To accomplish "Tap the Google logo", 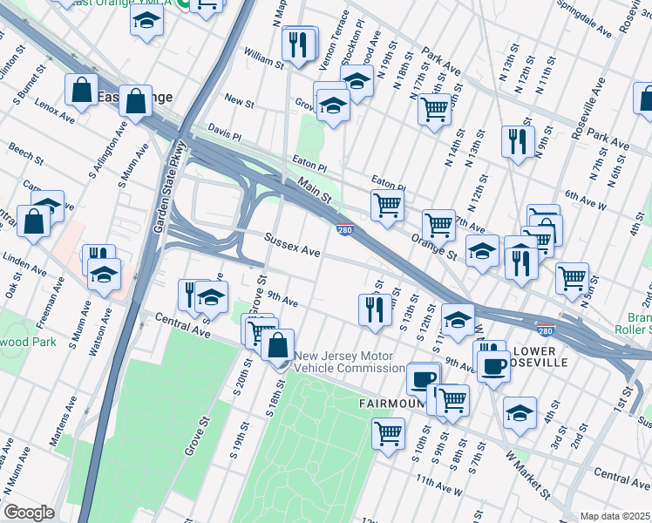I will pyautogui.click(x=29, y=513).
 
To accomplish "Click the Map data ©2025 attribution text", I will pyautogui.click(x=615, y=516).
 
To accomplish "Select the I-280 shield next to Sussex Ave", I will pyautogui.click(x=345, y=229).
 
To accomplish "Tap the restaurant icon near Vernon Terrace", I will pyautogui.click(x=299, y=44).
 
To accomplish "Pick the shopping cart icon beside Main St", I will pyautogui.click(x=387, y=207).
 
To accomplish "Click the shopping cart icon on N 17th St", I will pyautogui.click(x=434, y=110).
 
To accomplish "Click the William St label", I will pyautogui.click(x=263, y=59).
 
